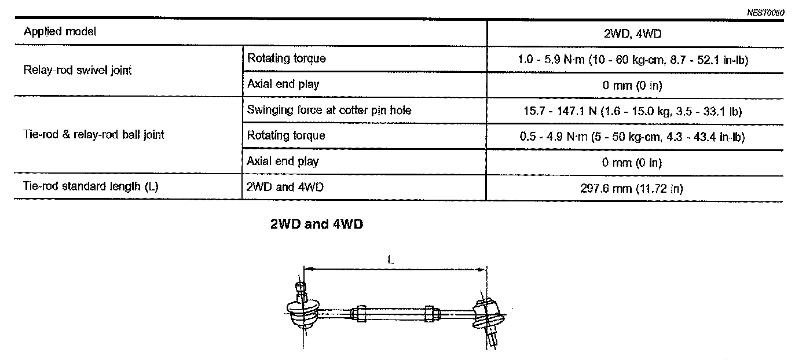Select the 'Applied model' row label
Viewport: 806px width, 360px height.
[60, 32]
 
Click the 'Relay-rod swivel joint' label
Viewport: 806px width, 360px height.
[78, 71]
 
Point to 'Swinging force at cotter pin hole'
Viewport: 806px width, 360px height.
[329, 110]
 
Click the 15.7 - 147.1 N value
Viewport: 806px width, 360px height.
[632, 111]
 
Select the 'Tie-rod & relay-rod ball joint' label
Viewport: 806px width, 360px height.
[94, 135]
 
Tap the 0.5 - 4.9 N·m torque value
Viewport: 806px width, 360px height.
[632, 137]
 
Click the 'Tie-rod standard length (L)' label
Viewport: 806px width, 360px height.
[87, 186]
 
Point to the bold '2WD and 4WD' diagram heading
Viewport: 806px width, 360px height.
[316, 225]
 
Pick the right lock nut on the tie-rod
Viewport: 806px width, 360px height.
[430, 313]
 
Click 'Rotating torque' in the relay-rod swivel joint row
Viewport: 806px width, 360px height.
[286, 58]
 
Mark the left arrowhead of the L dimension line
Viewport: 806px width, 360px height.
[307, 269]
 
